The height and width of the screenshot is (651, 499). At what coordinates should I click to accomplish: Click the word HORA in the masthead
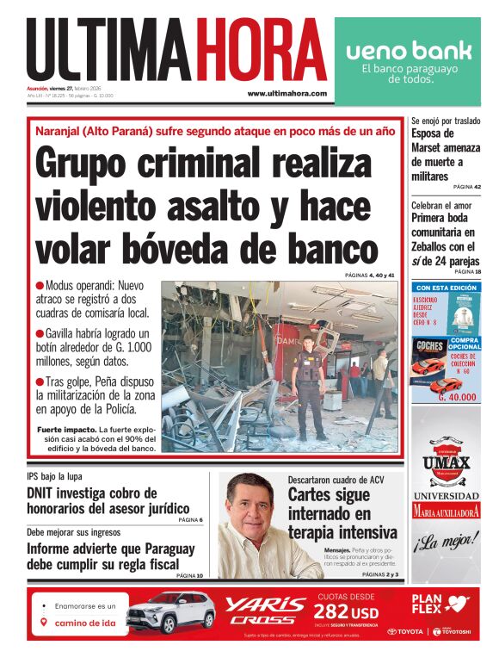tap(262, 50)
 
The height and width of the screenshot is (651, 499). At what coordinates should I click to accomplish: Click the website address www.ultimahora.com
tap(286, 93)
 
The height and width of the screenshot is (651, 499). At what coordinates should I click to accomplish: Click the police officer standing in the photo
tap(308, 383)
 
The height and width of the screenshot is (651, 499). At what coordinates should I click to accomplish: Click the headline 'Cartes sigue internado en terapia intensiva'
tap(342, 513)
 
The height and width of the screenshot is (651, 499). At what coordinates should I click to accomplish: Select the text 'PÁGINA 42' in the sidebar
tap(466, 187)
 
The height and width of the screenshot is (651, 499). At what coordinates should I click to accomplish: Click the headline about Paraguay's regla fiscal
tap(111, 556)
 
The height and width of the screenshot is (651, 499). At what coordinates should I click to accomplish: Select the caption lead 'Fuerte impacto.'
tap(66, 429)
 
